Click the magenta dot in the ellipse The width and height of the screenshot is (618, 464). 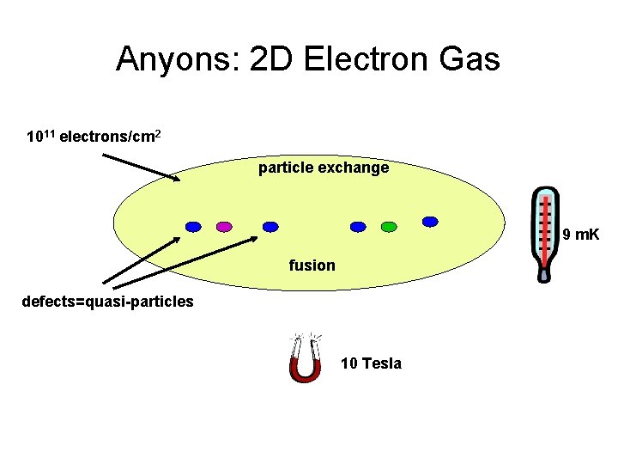click(224, 227)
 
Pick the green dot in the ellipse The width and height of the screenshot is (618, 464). click(388, 227)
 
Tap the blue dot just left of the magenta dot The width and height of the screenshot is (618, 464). click(194, 227)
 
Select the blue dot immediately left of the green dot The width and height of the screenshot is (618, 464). click(358, 227)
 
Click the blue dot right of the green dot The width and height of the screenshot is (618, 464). click(430, 222)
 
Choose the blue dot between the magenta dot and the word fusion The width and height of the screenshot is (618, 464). click(270, 227)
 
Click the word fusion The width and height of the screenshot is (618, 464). click(312, 266)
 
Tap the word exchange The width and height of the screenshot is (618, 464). click(354, 168)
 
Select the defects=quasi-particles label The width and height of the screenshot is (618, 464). click(108, 302)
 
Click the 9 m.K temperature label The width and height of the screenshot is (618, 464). click(581, 234)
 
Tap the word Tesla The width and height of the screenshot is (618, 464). click(381, 363)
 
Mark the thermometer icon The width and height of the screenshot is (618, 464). click(544, 234)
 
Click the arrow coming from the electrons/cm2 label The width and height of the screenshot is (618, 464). click(142, 168)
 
